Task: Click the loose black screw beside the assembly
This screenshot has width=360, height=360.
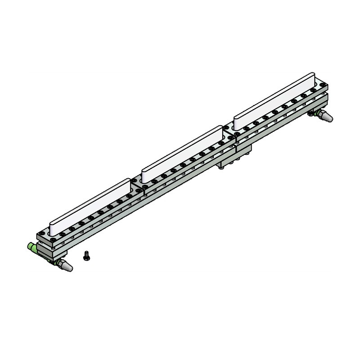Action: pos(86,256)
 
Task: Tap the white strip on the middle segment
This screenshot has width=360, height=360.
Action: pos(182,151)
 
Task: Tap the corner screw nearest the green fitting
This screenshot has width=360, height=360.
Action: pos(42,234)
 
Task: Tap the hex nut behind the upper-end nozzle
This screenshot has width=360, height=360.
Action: pos(313,112)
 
